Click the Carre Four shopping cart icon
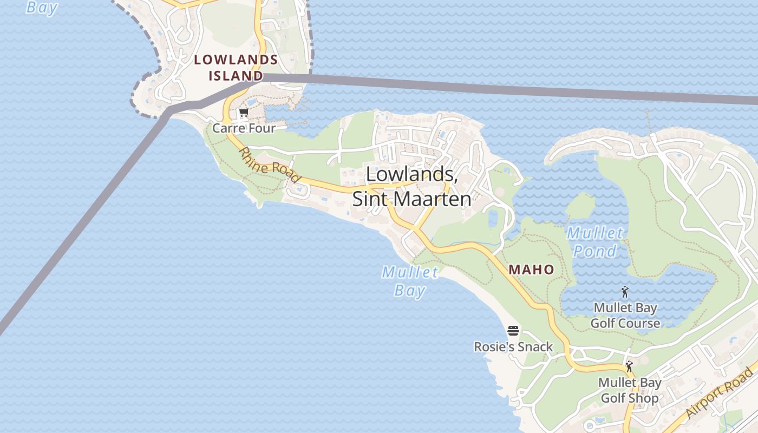click(x=244, y=113)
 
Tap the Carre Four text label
click(x=244, y=128)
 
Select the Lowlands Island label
click(x=236, y=68)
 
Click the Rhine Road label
click(x=270, y=165)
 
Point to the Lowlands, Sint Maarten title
click(x=411, y=186)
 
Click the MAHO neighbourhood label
click(x=531, y=270)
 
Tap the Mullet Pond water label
click(x=594, y=242)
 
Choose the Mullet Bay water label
click(x=410, y=281)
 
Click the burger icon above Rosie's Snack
click(x=513, y=331)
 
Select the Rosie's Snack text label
click(x=513, y=347)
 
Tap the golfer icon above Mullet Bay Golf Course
click(x=625, y=292)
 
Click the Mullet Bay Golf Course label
click(x=625, y=316)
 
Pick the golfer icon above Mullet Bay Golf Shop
click(x=629, y=367)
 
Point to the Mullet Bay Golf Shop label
click(x=630, y=390)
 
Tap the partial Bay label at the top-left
click(x=42, y=7)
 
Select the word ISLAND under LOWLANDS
click(x=236, y=76)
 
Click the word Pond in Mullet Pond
click(x=594, y=251)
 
